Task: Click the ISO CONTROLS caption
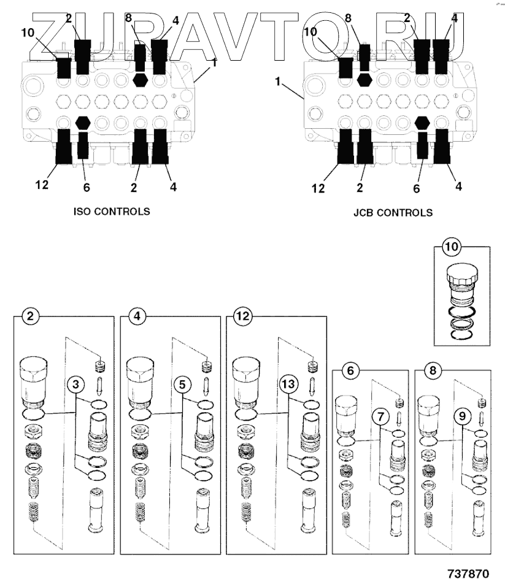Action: coord(110,212)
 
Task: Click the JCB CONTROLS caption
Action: coord(393,213)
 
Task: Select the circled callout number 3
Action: coord(75,385)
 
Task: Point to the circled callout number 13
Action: coord(288,385)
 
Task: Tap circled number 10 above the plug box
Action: coord(451,247)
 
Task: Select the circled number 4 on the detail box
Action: coord(135,316)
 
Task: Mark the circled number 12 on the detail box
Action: coord(241,316)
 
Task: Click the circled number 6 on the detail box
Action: coord(349,370)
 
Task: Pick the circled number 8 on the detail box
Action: coord(432,370)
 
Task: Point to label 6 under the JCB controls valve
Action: coord(416,189)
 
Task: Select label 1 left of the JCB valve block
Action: coord(279,82)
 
